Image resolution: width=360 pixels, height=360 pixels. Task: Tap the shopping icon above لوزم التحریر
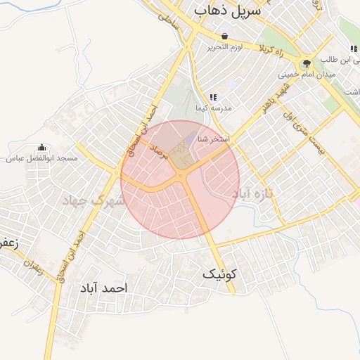[x=224, y=37]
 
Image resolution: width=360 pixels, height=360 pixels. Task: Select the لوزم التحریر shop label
[x=224, y=47]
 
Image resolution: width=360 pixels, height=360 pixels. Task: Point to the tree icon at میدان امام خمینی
[x=306, y=64]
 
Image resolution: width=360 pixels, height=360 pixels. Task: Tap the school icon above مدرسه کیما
[x=213, y=97]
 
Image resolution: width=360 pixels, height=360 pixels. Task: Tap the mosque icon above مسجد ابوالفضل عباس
[x=41, y=148]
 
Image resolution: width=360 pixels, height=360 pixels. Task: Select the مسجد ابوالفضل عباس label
[x=41, y=159]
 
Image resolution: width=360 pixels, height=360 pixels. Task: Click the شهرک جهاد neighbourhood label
[x=94, y=201]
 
